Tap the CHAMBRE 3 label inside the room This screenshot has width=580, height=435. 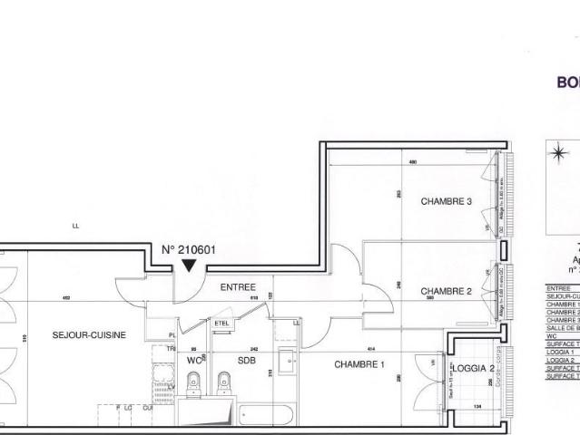(446, 201)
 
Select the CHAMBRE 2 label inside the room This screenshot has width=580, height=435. (446, 291)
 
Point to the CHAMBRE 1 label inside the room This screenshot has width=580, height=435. (360, 364)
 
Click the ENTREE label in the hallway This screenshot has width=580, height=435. (238, 286)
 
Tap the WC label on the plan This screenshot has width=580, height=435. (193, 360)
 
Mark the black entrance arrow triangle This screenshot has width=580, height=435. (188, 266)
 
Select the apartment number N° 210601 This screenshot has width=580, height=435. (190, 250)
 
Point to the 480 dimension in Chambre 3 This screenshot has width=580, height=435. (412, 162)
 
